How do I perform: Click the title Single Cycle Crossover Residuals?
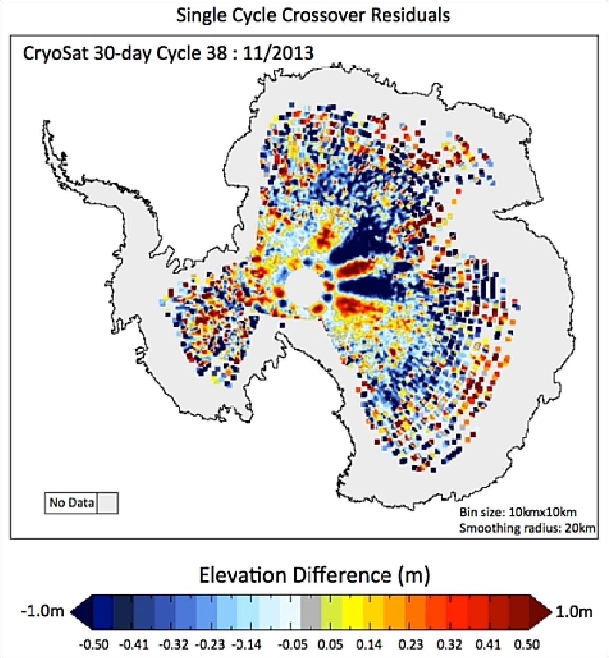(x=313, y=15)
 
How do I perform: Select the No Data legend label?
(x=71, y=502)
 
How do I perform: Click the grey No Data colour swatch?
(x=107, y=502)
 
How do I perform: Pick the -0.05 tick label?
(x=293, y=644)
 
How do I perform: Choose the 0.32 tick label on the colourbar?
(x=452, y=644)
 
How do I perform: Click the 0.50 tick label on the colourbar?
(x=527, y=644)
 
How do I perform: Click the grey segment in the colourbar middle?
(x=311, y=611)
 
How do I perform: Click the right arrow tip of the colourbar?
(x=551, y=611)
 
